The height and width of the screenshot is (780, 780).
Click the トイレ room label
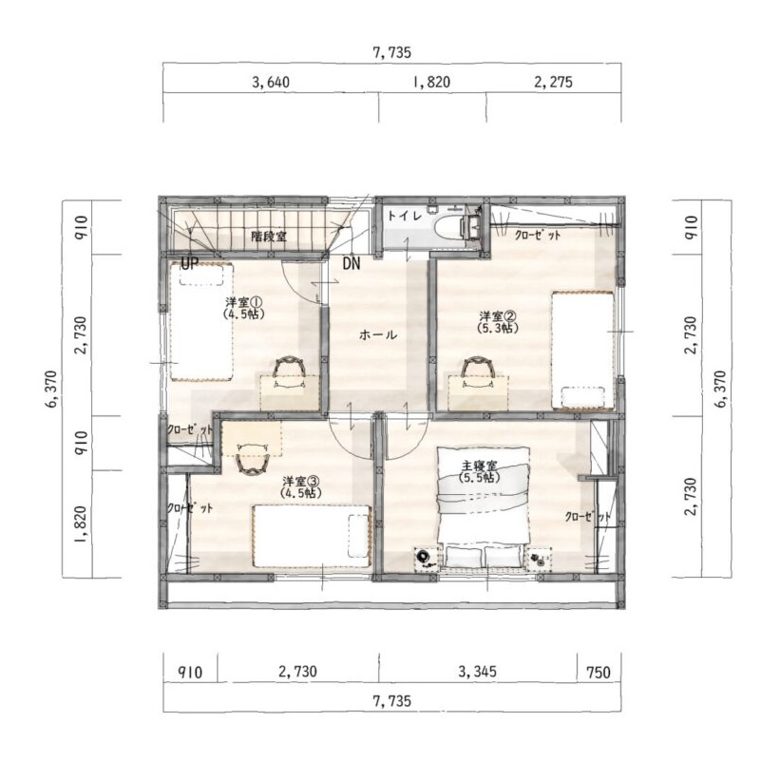pos(405,216)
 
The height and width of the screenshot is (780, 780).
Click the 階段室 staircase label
pos(269,236)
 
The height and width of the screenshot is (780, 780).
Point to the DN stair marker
pos(352,263)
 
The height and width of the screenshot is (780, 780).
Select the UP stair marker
pos(189,263)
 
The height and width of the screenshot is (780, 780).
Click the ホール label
pos(378,334)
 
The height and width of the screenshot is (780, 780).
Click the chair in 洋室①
pos(289,367)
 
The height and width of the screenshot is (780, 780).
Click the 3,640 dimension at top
pos(271,82)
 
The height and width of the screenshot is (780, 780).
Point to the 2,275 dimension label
pos(553,82)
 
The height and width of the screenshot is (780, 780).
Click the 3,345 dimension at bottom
pos(477,672)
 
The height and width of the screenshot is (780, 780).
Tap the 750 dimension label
pos(598,673)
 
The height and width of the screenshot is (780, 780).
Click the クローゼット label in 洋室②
pos(537,235)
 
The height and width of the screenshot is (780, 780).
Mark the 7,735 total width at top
pos(392,53)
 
